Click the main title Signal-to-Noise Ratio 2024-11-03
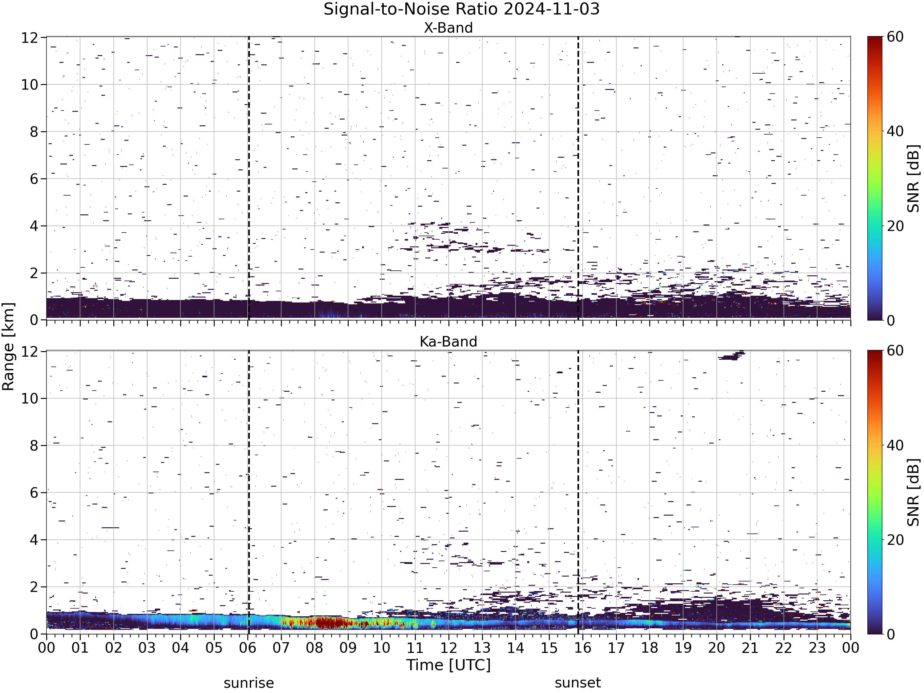coord(462,9)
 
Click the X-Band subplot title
coord(448,28)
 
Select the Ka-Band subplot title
coord(448,342)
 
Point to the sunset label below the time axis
coord(578,683)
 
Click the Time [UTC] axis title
coord(448,665)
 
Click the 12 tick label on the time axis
coord(449,648)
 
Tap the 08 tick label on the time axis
coord(314,648)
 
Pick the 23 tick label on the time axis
coord(817,648)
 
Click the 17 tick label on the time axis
coord(616,648)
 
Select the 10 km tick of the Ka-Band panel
coord(30,399)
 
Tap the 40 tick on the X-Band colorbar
coord(895,131)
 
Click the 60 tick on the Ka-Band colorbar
coord(895,351)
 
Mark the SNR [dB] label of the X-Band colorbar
coord(914,178)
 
